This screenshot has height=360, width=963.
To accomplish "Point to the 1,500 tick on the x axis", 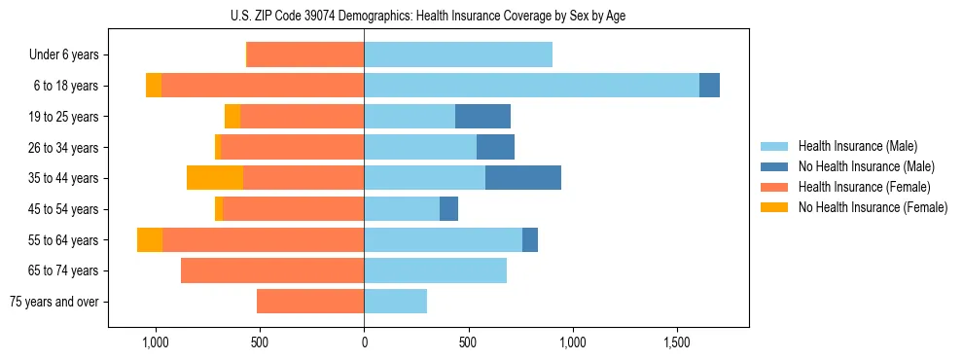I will [x=676, y=343].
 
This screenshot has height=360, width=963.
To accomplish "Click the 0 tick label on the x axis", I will [x=364, y=343].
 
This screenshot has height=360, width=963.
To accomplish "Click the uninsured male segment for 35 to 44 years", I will [x=522, y=178].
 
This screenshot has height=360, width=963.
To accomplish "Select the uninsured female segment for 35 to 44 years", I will [x=215, y=178].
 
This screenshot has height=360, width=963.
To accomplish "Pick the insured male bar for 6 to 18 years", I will [x=531, y=86].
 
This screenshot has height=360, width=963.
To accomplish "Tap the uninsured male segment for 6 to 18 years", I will [x=709, y=86].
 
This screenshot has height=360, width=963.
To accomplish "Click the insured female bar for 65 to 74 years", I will [x=272, y=270].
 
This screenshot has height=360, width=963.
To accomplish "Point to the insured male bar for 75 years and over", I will [x=395, y=302].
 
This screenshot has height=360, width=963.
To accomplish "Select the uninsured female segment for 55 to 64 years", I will [x=150, y=240].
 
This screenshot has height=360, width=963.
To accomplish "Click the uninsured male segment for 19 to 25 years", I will [x=482, y=117].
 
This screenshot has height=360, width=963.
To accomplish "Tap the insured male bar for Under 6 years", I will [x=458, y=55].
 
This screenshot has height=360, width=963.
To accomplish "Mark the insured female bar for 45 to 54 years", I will [x=293, y=209].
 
